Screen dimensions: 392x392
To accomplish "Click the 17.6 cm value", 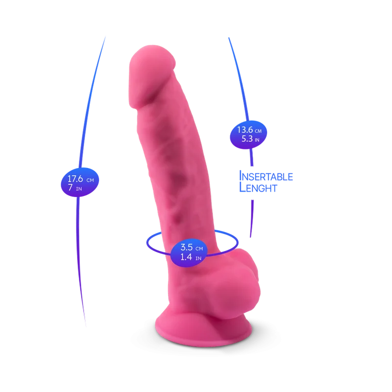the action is coord(80,179).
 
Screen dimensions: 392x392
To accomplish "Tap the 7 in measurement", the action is coord(75,188).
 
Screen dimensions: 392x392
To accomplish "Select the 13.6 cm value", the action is coord(249,130).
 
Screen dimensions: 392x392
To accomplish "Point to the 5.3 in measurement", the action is coord(250,139).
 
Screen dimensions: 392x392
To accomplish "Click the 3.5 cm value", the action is coord(192,247).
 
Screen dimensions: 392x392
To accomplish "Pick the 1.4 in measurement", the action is coord(191,257).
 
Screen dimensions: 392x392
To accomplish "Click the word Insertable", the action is coord(266,176).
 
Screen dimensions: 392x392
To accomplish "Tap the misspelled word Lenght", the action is coord(258,187).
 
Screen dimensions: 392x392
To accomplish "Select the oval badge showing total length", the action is coord(80,182).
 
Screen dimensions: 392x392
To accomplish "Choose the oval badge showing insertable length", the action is coord(248,135).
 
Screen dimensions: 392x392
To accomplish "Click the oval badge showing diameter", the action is coord(189,253).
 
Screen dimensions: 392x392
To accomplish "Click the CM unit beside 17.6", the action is coord(90,180).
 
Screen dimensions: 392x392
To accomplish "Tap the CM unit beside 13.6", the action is coord(258,131).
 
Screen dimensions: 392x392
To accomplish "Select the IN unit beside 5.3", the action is coord(257,140).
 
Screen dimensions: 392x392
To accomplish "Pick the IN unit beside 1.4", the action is coord(198,259).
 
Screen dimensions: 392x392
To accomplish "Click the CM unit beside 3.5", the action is coord(199,249).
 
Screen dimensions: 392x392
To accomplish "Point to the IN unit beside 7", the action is coord(79,189).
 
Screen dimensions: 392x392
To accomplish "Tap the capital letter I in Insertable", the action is coord(240,176).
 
